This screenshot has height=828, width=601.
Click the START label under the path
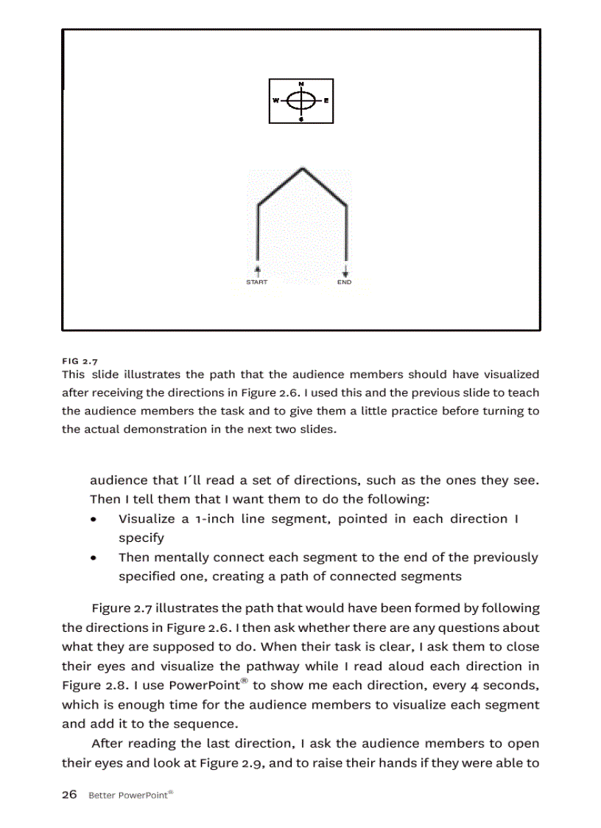point(257,282)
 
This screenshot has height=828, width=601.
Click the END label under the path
point(345,282)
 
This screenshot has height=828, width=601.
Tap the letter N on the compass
point(300,83)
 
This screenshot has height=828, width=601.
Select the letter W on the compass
point(275,100)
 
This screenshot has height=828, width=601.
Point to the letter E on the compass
point(326,100)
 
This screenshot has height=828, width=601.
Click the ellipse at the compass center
point(300,100)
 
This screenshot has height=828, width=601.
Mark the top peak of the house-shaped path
point(300,169)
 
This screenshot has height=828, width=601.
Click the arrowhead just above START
point(257,271)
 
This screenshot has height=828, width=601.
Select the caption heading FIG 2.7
point(80,361)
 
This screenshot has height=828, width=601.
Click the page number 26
point(69,795)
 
